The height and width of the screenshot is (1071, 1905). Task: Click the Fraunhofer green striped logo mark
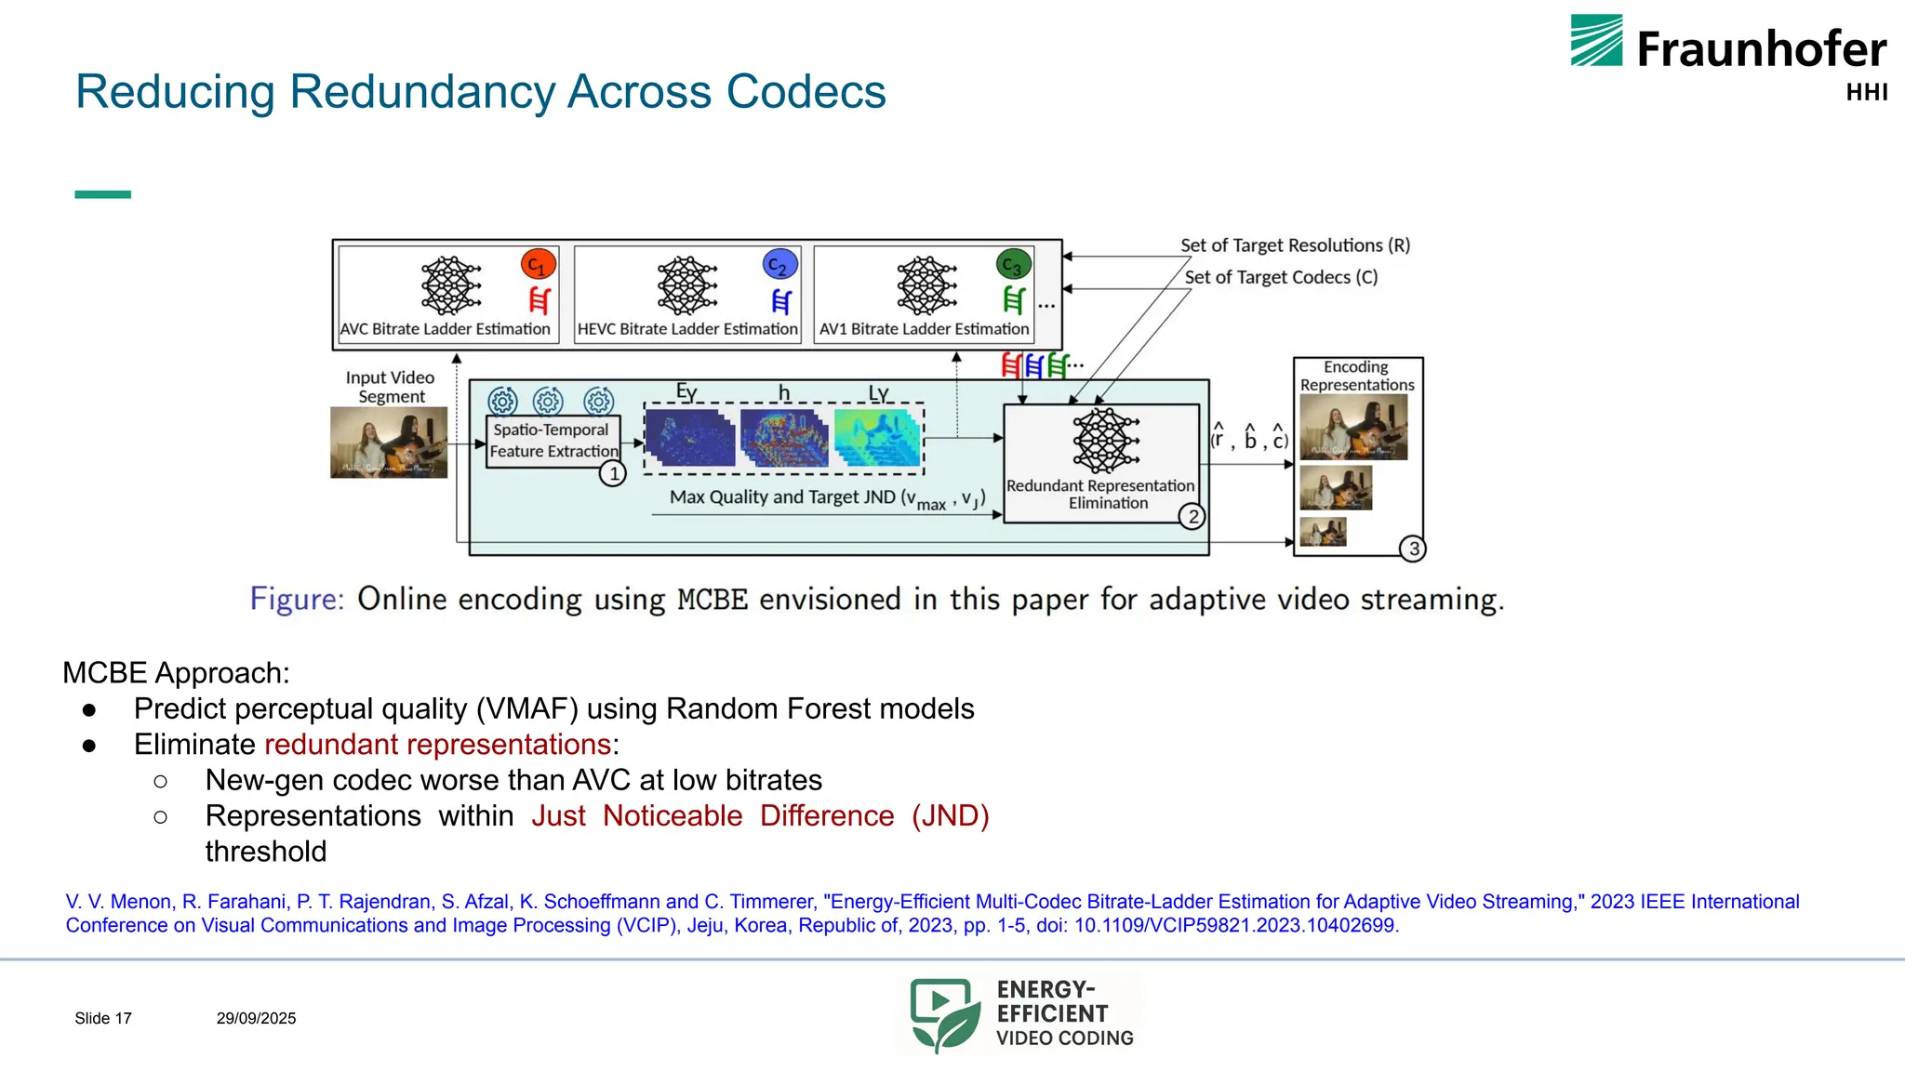click(1596, 41)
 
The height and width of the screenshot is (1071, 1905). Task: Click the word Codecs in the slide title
click(806, 92)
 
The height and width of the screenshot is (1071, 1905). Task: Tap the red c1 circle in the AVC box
click(539, 265)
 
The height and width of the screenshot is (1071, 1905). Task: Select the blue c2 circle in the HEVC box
click(779, 265)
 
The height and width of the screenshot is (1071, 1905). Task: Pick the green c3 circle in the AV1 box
click(1013, 265)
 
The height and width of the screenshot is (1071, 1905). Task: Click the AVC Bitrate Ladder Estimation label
click(446, 329)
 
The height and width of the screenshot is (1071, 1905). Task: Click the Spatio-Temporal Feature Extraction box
click(553, 441)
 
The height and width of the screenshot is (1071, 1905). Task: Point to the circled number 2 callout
click(1192, 517)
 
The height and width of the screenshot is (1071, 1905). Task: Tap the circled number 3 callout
click(1413, 549)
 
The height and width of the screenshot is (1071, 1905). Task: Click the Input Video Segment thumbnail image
click(389, 443)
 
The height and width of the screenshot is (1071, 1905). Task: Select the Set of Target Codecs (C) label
click(1281, 277)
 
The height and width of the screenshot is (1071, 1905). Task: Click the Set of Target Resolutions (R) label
click(1295, 245)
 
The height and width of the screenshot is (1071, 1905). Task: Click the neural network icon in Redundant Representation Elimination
click(1105, 441)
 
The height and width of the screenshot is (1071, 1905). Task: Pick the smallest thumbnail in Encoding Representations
click(1323, 532)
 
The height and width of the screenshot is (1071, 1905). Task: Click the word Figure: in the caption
click(297, 599)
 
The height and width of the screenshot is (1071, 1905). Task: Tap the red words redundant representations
click(438, 745)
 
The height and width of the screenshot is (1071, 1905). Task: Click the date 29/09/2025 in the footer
click(256, 1018)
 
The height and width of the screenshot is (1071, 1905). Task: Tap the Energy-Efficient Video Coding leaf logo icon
click(944, 1014)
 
